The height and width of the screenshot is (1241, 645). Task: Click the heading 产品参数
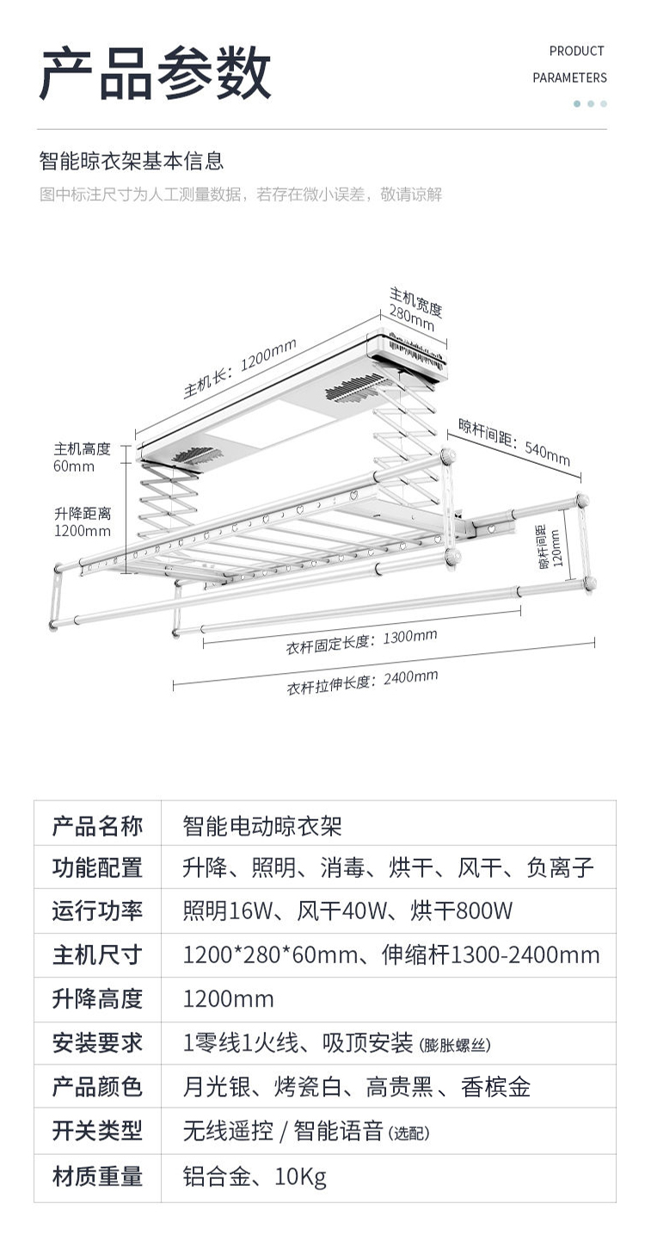155,74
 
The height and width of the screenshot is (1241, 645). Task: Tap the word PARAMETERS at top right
569,77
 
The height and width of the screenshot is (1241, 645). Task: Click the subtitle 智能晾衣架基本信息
132,161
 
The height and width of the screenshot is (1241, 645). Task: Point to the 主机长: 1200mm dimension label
239,367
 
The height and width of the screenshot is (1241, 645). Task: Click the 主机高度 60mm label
83,457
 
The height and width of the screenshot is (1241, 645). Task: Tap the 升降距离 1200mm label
83,522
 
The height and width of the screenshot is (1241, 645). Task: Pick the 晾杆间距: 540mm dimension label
513,441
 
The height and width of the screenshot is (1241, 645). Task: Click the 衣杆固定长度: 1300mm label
361,641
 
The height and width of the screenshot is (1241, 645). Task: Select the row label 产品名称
97,826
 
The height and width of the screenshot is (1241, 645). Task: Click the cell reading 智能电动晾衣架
262,826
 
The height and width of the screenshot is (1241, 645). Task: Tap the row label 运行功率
97,911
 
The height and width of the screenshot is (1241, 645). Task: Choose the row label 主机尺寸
97,954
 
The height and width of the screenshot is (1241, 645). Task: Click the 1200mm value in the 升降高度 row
229,998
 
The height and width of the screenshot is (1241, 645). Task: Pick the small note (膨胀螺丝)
456,1046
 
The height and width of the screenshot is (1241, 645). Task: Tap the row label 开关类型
97,1131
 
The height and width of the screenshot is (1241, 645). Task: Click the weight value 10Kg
301,1176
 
